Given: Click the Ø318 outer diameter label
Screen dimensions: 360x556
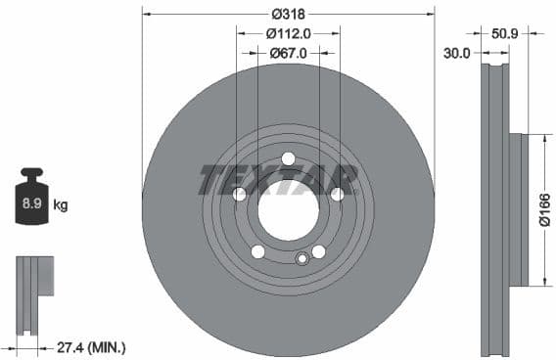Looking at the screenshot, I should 288,14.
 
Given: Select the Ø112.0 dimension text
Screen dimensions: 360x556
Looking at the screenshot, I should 288,33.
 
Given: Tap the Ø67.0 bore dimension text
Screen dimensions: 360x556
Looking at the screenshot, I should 289,53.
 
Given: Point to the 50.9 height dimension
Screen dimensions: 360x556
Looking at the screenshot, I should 505,33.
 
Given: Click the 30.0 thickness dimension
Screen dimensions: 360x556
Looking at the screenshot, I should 457,53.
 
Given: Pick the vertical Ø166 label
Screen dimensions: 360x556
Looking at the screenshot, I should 544,209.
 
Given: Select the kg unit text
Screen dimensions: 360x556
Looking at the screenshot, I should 61,205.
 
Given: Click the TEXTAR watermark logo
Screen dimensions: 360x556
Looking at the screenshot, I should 278,180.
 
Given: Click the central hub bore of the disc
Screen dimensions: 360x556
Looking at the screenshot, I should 289,210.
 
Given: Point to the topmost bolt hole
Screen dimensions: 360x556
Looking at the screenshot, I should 288,159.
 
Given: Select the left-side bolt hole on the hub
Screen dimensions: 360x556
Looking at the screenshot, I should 239,195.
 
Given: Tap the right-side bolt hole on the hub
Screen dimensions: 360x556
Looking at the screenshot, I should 337,195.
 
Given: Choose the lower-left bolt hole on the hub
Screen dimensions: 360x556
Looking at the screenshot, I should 257,251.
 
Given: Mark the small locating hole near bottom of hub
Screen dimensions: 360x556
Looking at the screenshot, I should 302,259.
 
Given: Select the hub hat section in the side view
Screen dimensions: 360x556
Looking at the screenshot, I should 518,209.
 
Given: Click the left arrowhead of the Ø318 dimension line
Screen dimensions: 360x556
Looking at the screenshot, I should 145,14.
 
